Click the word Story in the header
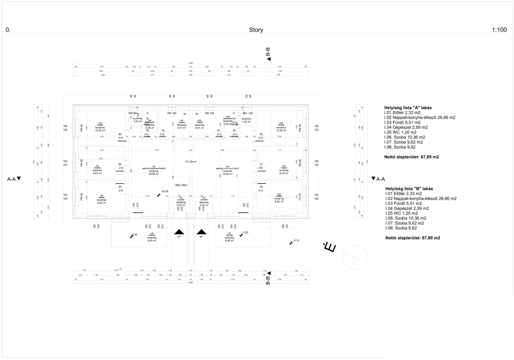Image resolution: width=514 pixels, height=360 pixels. [256, 30]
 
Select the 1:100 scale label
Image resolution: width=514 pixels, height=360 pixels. [499, 30]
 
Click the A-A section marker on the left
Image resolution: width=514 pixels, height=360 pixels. [14, 179]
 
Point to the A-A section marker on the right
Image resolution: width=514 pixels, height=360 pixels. [378, 179]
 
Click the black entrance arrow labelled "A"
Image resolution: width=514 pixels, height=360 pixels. [178, 232]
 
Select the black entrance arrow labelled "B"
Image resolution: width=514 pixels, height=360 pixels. [202, 232]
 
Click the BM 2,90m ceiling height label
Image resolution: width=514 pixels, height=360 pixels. [181, 185]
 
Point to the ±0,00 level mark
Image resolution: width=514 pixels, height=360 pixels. [164, 191]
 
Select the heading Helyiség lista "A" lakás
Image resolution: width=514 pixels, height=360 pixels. [408, 107]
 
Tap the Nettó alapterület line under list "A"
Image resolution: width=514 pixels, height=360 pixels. [411, 157]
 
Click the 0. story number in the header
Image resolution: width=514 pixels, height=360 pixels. [8, 30]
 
